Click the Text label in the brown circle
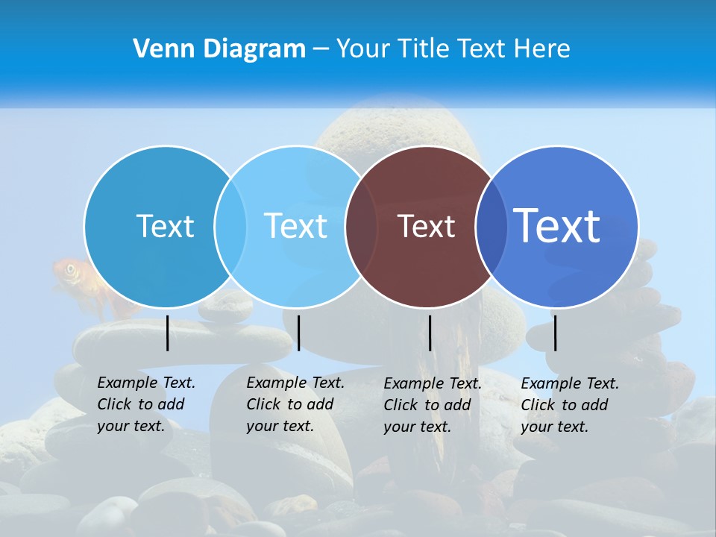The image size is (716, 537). pos(426,227)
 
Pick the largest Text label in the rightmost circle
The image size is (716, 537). pos(557,225)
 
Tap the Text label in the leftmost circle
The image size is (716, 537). pos(165,226)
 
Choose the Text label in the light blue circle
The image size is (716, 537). pos(295,226)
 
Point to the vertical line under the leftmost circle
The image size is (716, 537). pos(168,333)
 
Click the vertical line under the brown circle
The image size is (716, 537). pos(430,333)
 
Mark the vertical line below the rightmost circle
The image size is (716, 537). pos(556,333)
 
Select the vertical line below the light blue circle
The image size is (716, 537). pos(298,333)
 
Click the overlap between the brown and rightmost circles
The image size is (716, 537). pos(490,227)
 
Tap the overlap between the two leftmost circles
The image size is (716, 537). pos(230,227)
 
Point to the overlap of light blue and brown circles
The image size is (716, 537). pos(362,227)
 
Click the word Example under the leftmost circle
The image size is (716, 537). pos(120,383)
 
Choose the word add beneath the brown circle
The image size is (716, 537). pos(456,405)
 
